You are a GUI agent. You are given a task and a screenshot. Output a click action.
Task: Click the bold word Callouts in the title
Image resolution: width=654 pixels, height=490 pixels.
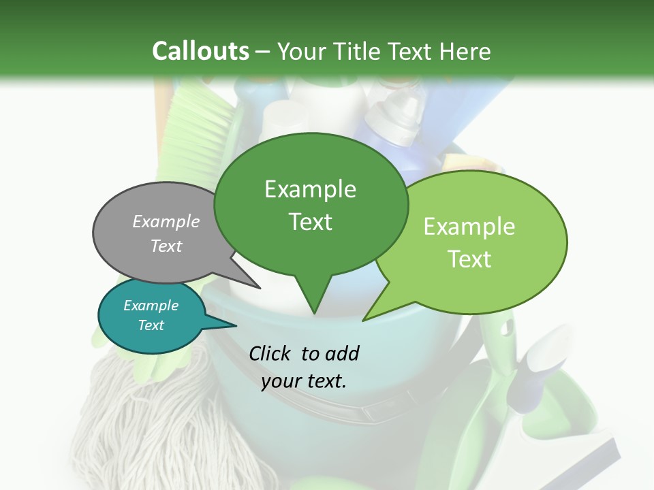pos(200,51)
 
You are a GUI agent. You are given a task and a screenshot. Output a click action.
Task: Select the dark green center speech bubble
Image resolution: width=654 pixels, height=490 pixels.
pos(311,204)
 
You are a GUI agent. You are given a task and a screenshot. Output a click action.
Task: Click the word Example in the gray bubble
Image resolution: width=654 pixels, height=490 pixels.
pos(166,221)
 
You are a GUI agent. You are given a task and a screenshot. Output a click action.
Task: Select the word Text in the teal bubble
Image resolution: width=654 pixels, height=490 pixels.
pos(151,325)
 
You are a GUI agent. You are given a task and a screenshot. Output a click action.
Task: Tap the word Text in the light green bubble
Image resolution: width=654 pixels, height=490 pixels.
pos(470,259)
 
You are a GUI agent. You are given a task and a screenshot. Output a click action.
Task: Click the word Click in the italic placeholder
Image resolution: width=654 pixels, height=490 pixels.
pos(271,353)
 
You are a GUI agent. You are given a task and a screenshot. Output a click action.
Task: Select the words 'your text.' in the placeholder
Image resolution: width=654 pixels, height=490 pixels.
pos(304,381)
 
